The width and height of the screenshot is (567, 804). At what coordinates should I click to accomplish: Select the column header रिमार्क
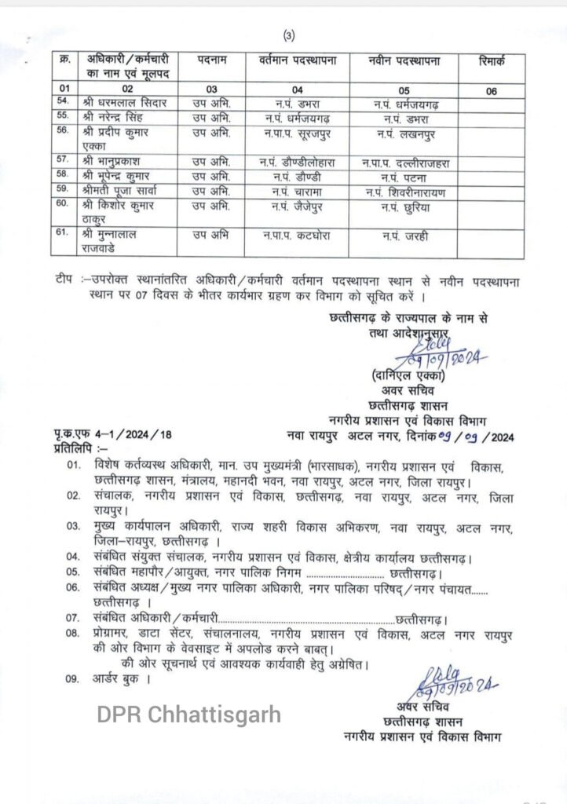point(491,60)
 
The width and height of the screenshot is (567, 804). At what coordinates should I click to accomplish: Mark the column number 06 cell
point(491,90)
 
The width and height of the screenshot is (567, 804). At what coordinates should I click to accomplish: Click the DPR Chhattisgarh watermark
point(188,715)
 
